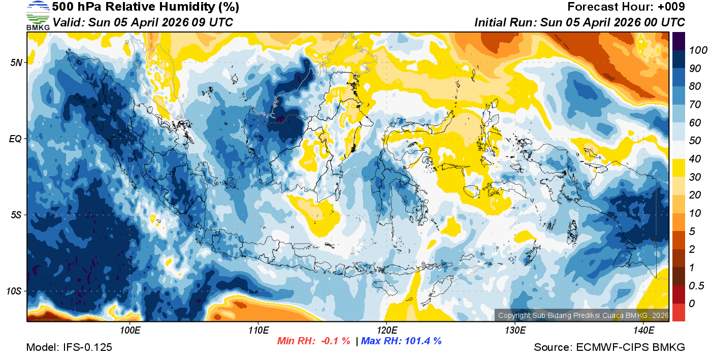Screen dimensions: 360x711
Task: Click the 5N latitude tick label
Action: [16, 63]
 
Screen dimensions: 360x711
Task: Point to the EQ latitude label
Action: [16, 139]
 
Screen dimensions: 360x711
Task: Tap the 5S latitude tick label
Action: [16, 215]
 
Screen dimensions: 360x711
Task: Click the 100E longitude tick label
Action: [130, 330]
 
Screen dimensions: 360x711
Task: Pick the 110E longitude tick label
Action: [258, 330]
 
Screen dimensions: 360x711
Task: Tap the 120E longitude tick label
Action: [386, 330]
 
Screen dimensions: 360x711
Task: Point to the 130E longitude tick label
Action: [515, 330]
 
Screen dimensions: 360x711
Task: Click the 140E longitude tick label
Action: [643, 330]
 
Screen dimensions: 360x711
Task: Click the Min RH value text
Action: [313, 341]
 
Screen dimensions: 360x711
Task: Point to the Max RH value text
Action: [401, 341]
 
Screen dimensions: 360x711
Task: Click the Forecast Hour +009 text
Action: [626, 7]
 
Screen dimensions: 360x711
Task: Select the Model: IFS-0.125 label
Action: [69, 347]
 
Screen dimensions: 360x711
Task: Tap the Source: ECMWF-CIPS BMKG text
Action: [609, 347]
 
